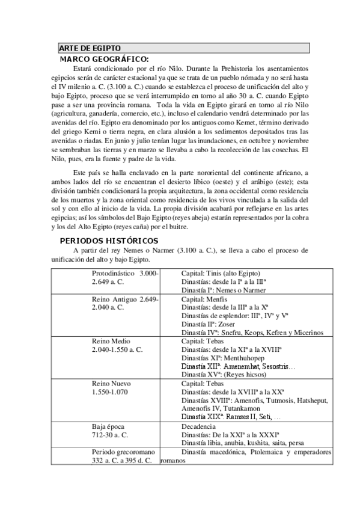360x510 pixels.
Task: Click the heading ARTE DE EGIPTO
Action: click(90, 48)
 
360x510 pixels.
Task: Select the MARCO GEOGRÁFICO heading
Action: click(103, 59)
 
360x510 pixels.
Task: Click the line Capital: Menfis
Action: click(205, 298)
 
